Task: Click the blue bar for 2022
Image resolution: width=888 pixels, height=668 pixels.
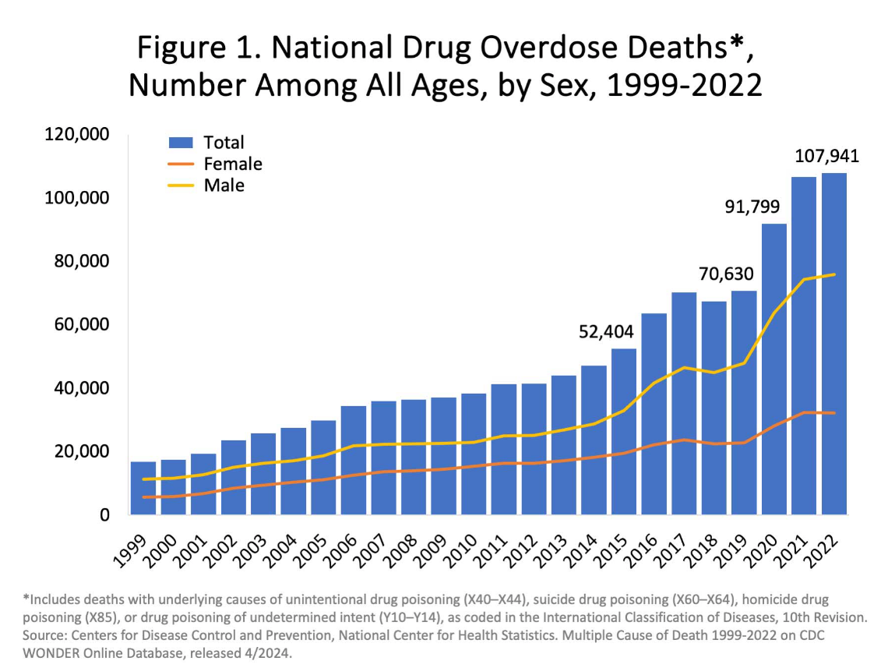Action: (x=833, y=343)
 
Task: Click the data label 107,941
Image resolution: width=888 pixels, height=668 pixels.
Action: (x=826, y=157)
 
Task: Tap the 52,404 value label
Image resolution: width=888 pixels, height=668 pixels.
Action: (x=606, y=331)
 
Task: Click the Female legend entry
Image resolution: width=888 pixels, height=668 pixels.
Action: (x=232, y=164)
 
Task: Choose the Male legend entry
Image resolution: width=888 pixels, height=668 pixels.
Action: (x=224, y=186)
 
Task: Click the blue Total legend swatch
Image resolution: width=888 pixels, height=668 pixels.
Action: (x=181, y=143)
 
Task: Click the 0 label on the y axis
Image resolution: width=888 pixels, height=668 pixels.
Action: (x=104, y=514)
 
